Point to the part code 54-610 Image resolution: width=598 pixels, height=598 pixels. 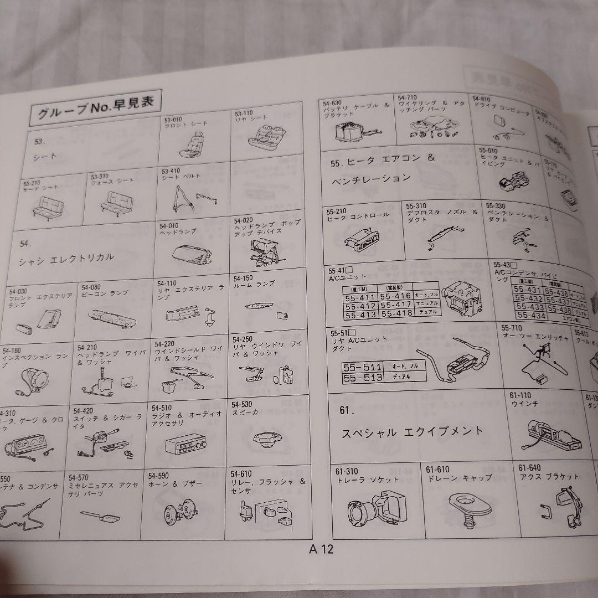pos(242,474)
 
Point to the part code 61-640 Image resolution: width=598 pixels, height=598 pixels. pos(529,468)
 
